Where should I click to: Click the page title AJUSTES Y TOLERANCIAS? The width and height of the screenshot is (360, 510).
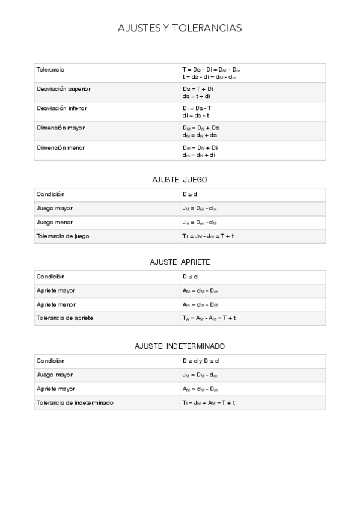(180, 28)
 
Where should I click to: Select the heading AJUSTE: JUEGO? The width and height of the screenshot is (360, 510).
(180, 179)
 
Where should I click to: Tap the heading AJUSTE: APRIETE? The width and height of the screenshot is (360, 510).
(180, 262)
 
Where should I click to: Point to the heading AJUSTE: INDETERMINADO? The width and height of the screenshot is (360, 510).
(180, 346)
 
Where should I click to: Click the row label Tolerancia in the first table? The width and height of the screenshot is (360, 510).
(50, 70)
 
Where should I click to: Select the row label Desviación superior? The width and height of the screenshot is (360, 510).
(64, 89)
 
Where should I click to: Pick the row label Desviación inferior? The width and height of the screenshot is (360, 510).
(62, 108)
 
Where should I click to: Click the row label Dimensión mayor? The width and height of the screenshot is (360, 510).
(61, 127)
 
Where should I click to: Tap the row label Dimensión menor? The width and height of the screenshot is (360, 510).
(61, 147)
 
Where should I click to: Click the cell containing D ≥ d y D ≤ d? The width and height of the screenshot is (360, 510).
(201, 361)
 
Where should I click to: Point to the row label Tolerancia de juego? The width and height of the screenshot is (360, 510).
(63, 236)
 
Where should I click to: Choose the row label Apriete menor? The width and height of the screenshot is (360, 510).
(56, 304)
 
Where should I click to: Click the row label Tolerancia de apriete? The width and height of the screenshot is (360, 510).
(64, 318)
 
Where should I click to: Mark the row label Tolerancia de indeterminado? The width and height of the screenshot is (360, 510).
(75, 402)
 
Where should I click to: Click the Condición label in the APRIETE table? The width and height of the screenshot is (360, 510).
(50, 277)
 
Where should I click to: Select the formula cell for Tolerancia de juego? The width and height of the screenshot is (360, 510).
(208, 236)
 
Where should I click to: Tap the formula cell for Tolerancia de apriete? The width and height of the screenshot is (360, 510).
(209, 318)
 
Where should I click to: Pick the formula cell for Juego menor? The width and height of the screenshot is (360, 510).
(200, 222)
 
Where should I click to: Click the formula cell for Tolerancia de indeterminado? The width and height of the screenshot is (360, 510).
(209, 402)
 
